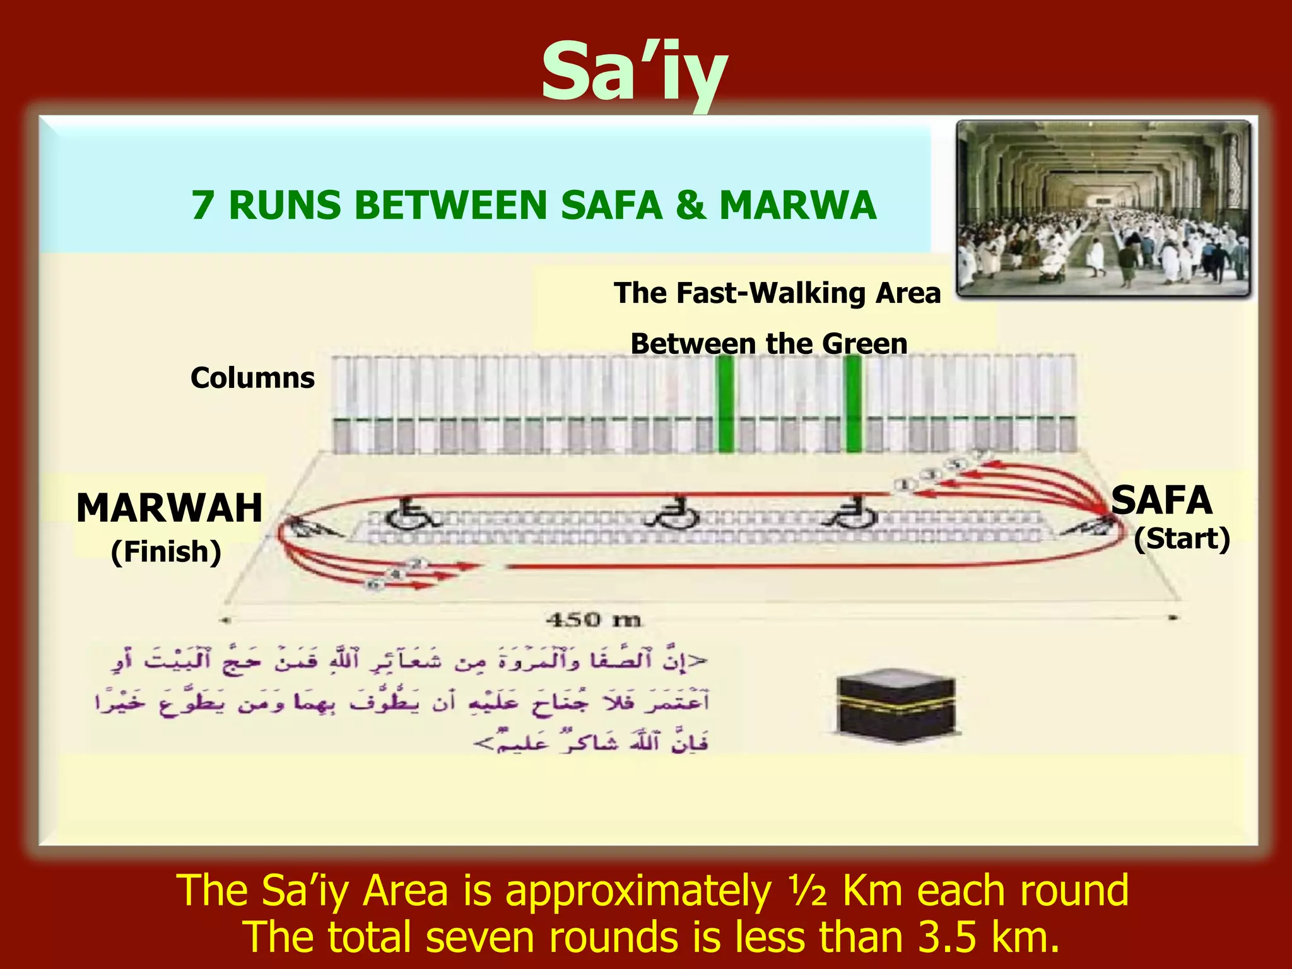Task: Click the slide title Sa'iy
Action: click(x=634, y=73)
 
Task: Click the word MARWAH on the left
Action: click(x=169, y=508)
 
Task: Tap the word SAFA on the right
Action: click(x=1161, y=500)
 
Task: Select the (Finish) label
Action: click(x=166, y=551)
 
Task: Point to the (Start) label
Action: click(x=1182, y=539)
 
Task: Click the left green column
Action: click(x=725, y=404)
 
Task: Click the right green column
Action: click(x=853, y=404)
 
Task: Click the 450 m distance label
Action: click(x=593, y=620)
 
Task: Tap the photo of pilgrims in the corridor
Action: click(x=1103, y=208)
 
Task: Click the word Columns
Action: click(x=252, y=378)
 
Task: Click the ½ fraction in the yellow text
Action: click(x=807, y=891)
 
